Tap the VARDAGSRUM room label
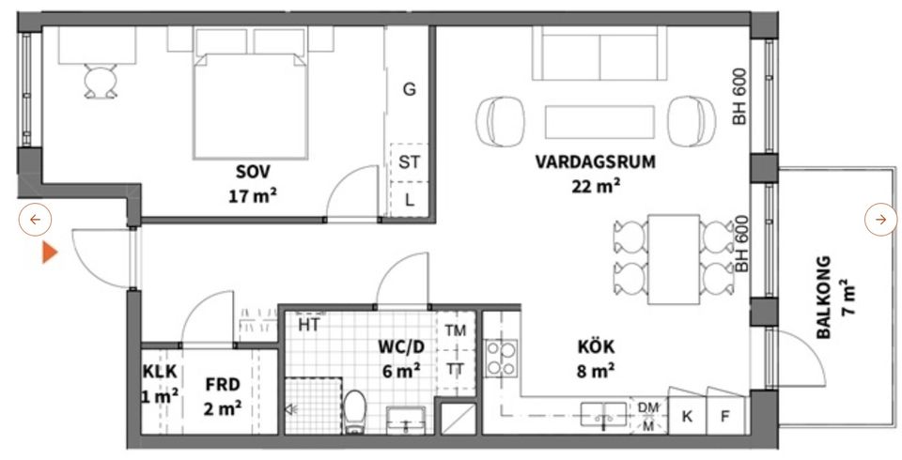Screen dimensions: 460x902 595,161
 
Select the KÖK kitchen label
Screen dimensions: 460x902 596,346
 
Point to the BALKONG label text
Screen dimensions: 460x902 824,298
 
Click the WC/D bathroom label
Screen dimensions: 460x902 401,346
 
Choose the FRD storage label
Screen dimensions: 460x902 223,384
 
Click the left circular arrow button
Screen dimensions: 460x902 35,220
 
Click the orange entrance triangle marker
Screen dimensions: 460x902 50,253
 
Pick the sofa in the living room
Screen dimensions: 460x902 599,54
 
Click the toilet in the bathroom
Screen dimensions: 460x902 355,413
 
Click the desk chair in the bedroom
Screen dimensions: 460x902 98,82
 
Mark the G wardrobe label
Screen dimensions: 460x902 409,89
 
